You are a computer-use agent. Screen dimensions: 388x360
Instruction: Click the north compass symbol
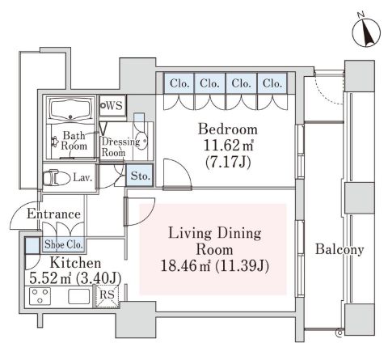366,32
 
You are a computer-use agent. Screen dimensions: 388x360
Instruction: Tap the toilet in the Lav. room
56,177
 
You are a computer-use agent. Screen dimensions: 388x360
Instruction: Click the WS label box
112,106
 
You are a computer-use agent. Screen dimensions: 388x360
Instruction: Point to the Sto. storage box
140,176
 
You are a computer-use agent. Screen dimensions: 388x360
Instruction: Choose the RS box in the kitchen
107,295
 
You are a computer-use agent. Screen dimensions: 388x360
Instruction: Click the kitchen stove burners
40,296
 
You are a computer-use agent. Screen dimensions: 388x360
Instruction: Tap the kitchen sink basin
78,297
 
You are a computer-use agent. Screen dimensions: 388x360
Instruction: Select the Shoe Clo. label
63,244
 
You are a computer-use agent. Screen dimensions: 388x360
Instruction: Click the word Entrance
53,214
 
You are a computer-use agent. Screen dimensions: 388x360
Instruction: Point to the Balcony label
339,249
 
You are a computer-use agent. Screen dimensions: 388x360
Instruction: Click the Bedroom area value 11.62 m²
229,146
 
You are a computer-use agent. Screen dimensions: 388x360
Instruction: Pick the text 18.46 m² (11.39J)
215,266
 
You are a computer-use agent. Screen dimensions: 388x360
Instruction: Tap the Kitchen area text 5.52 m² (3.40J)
75,277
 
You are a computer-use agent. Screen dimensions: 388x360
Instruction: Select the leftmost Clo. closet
179,83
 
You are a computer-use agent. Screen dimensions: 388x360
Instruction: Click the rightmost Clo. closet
272,83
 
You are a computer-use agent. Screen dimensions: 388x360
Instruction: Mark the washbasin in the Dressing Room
141,140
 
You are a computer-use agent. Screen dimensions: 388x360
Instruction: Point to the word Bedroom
228,129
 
